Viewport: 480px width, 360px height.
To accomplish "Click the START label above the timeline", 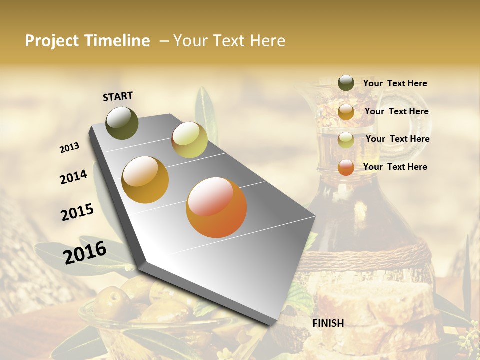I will (x=118, y=96).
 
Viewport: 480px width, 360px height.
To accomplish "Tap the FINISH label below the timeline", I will (x=328, y=323).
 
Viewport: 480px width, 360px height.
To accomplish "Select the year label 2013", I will (x=70, y=148).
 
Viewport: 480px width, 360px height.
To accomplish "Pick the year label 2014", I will (x=73, y=177).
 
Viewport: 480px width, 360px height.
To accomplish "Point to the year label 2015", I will (x=77, y=212).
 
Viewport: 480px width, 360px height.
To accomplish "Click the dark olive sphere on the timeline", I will (x=122, y=123).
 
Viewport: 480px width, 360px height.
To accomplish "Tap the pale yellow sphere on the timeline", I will (x=189, y=139).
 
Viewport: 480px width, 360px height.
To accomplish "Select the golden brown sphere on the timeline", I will (x=145, y=180).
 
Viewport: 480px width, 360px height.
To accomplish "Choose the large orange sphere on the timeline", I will (x=216, y=207).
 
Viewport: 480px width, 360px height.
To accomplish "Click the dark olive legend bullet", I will (x=346, y=83).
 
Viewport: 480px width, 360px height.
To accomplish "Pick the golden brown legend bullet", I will (x=346, y=111).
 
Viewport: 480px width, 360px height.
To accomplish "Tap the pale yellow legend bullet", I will (x=346, y=139).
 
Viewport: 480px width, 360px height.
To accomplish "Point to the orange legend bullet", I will (x=346, y=167).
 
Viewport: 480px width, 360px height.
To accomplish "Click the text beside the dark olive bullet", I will (x=395, y=83).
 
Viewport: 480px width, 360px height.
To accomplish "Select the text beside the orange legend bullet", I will (x=395, y=167).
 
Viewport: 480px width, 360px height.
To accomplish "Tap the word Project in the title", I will (x=51, y=41).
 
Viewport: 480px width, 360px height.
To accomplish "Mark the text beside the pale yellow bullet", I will (x=397, y=139).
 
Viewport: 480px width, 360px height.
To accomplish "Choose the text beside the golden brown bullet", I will (x=396, y=111).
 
